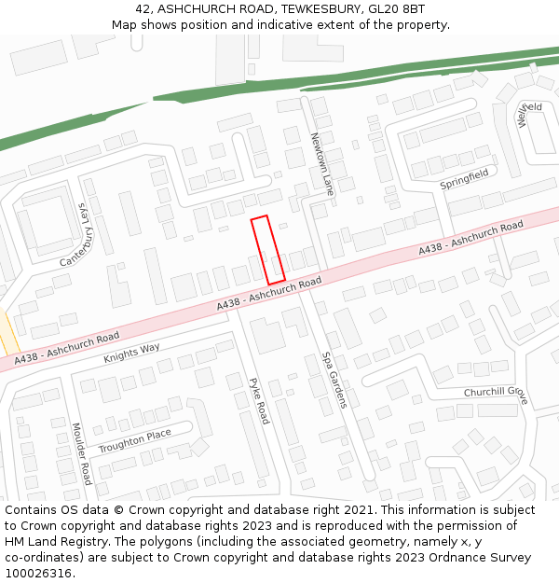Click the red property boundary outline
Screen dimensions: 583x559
coord(268,249)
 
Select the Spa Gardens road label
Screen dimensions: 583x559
coord(334,379)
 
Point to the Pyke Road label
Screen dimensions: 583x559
coord(259,400)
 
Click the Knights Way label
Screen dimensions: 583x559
coord(131,353)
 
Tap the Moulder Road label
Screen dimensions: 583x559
coord(81,453)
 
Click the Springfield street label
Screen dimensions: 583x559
coord(464,179)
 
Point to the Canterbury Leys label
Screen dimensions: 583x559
coord(78,234)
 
